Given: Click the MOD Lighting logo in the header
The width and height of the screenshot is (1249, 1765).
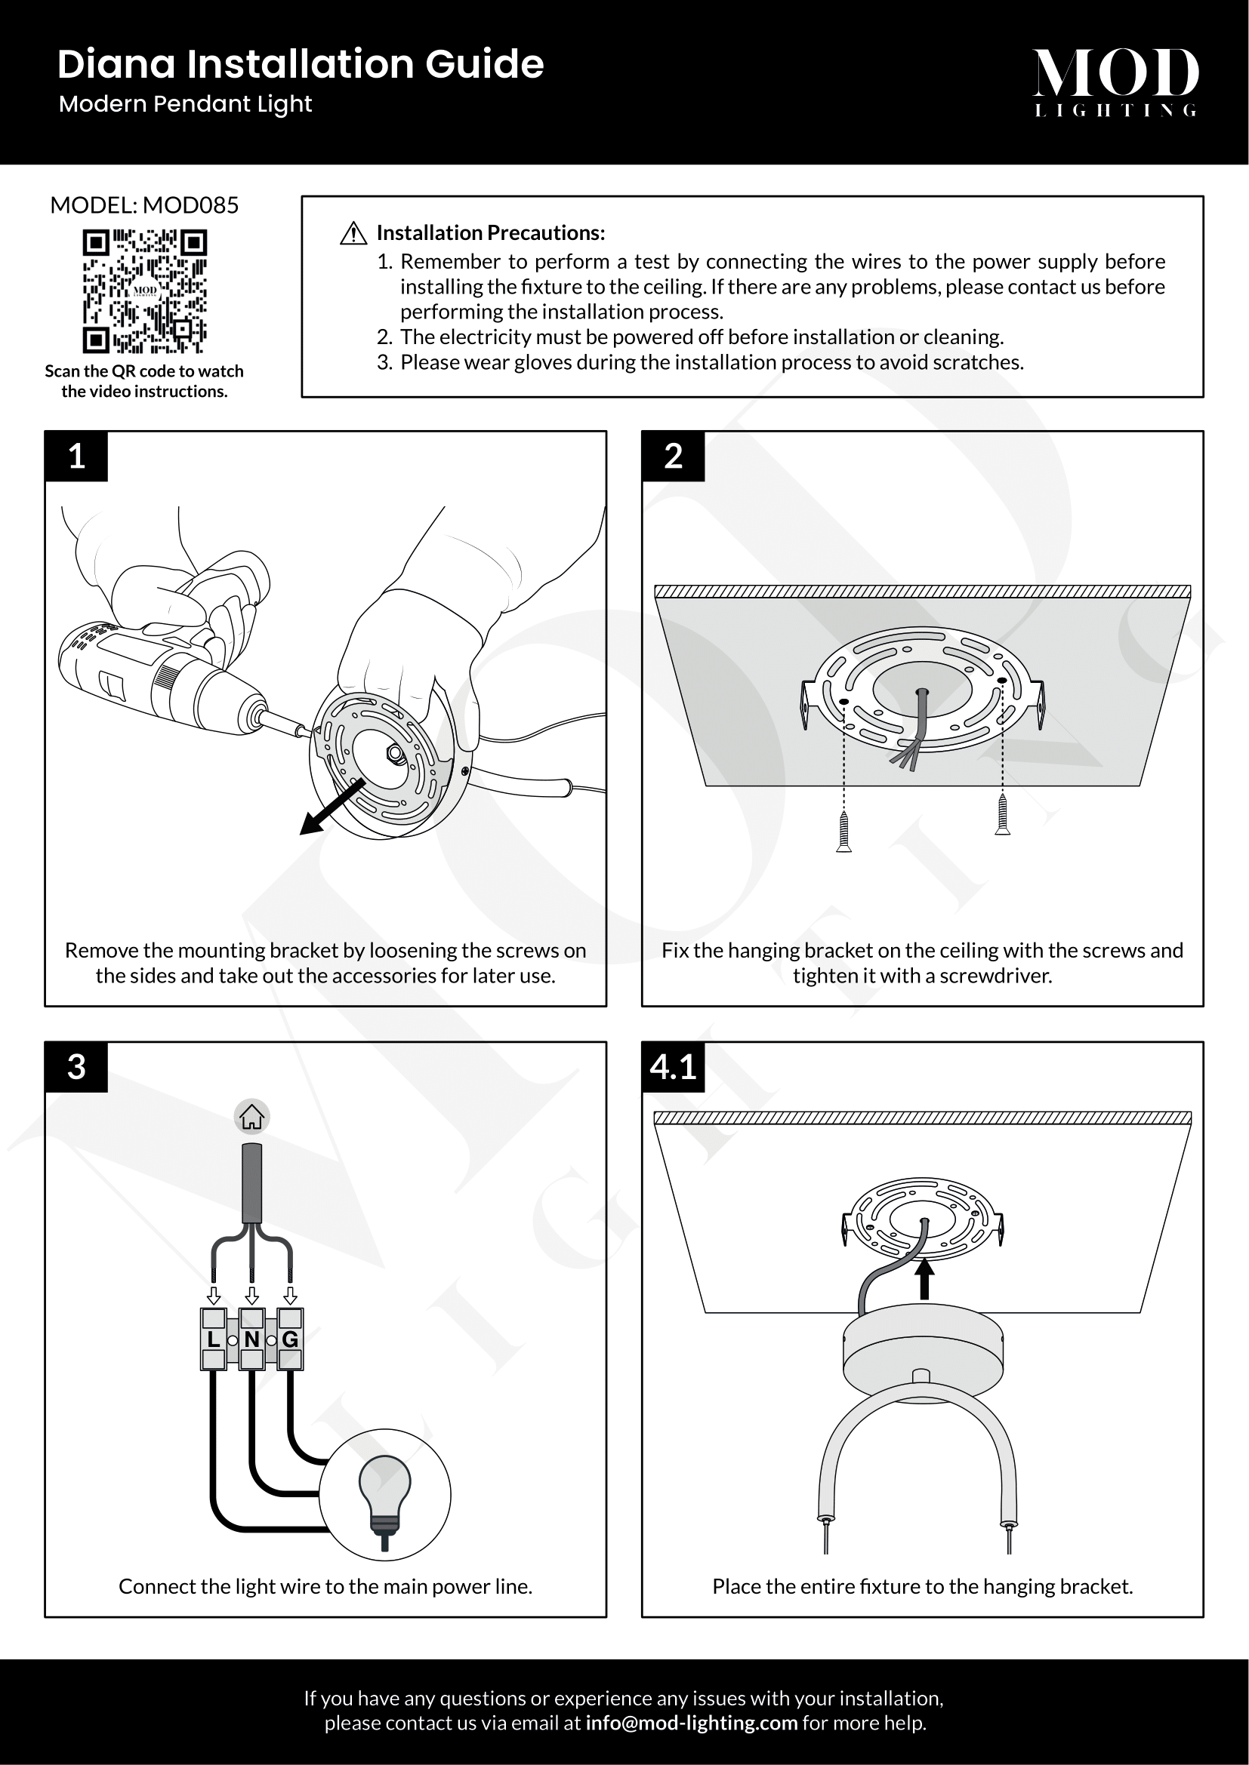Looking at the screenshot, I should [x=1115, y=81].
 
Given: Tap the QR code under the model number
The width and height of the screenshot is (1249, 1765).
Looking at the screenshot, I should [x=144, y=291].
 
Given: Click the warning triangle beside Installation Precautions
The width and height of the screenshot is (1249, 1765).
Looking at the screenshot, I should [x=353, y=234].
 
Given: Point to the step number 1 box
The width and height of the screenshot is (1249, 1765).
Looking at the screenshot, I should [x=76, y=457].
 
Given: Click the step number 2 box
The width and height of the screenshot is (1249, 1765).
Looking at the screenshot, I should [x=673, y=457].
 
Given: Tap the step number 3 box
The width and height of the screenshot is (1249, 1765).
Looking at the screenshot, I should [x=76, y=1067].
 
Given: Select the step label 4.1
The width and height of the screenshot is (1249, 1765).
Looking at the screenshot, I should [x=673, y=1067].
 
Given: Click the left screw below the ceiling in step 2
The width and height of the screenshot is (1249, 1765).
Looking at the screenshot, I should [x=843, y=832].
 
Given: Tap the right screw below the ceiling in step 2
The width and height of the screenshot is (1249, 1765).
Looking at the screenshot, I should [x=1002, y=815].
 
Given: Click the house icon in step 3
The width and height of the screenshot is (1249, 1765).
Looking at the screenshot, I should [x=251, y=1117].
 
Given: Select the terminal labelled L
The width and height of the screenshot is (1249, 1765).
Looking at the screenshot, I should [x=213, y=1339].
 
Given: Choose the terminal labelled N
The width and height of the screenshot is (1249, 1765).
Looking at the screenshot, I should [x=251, y=1339].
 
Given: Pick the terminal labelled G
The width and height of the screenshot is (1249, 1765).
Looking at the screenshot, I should [x=290, y=1339].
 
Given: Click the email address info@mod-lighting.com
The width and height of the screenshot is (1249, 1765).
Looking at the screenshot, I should [x=692, y=1723].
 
